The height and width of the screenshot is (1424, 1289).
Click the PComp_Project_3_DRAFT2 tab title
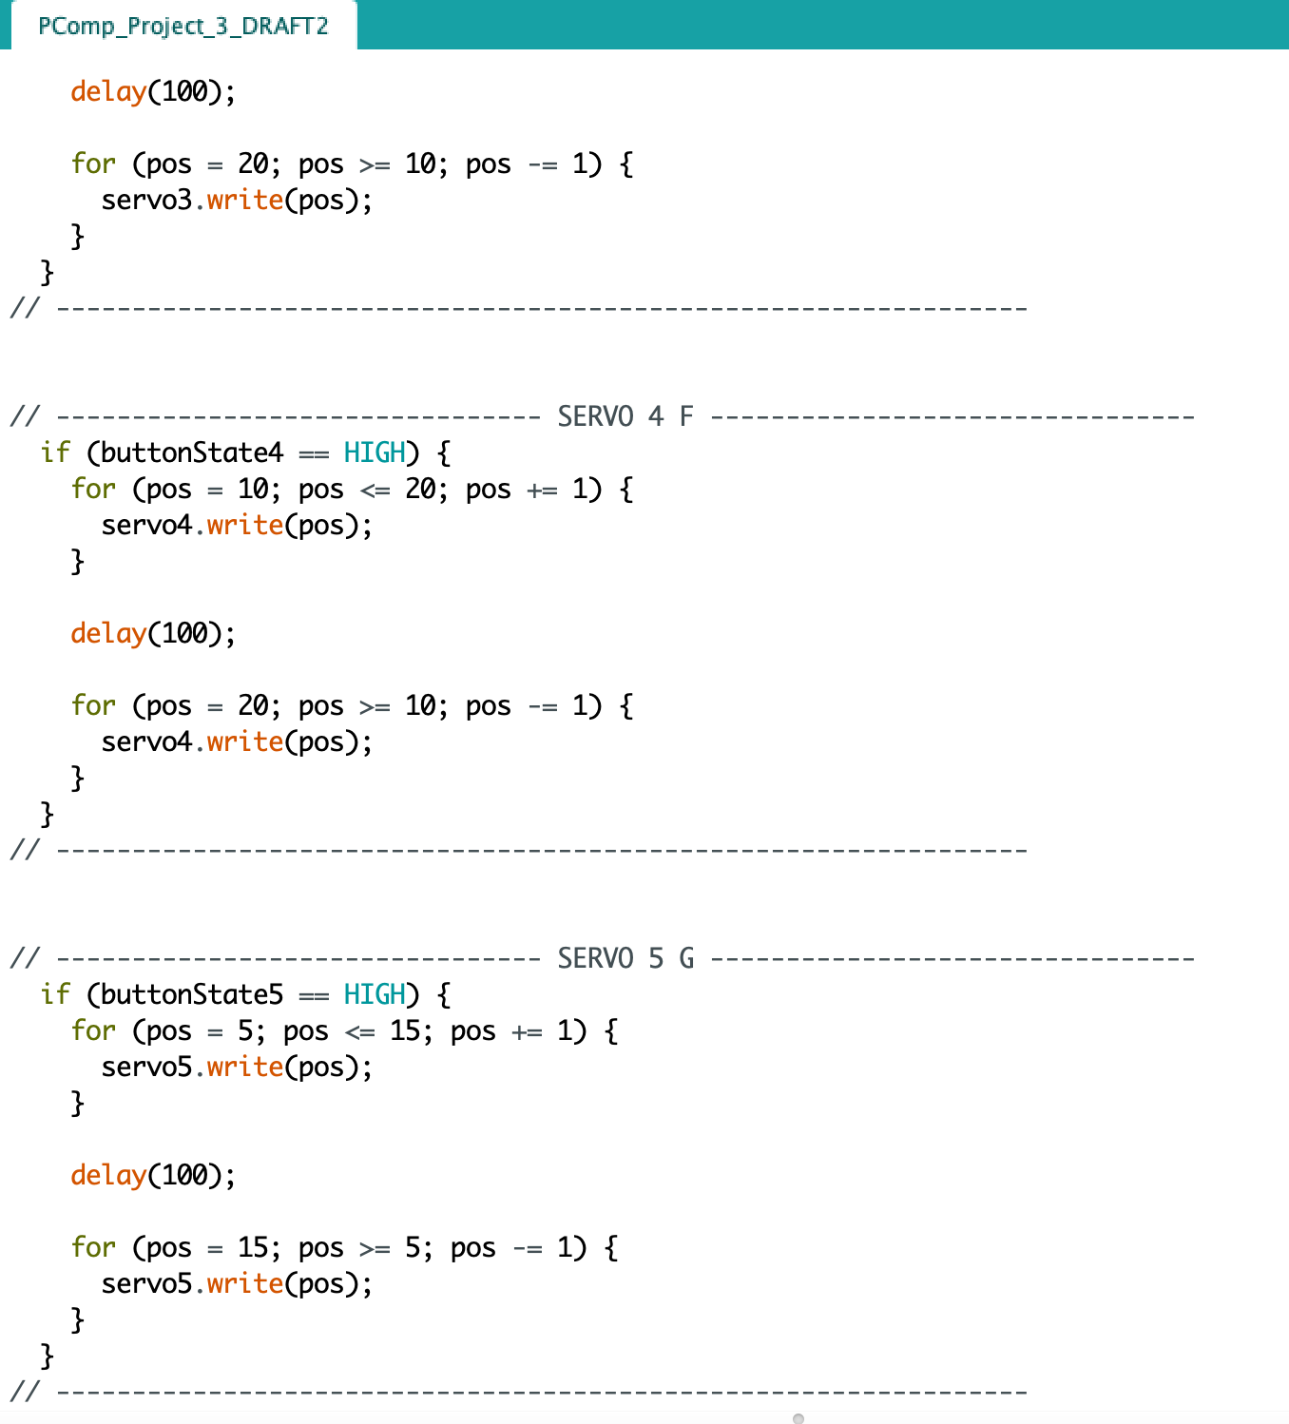coord(183,27)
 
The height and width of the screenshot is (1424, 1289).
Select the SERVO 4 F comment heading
coord(625,416)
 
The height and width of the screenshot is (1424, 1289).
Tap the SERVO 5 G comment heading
coord(625,958)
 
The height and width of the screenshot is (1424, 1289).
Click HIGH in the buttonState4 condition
coord(375,452)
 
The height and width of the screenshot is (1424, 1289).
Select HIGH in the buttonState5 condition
coord(375,994)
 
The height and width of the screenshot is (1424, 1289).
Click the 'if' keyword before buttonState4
coord(55,452)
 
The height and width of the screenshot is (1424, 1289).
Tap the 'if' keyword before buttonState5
coord(55,993)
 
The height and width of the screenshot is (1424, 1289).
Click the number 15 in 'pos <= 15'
coord(405,1030)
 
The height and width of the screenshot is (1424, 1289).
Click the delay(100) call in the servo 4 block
coord(153,633)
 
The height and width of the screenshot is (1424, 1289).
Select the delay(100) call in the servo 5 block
coord(153,1176)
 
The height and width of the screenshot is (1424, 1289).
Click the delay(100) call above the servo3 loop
coord(153,91)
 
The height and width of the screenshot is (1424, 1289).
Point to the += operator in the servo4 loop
coord(542,490)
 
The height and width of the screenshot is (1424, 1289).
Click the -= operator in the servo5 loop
coord(527,1248)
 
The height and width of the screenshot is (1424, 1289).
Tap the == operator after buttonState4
coord(313,453)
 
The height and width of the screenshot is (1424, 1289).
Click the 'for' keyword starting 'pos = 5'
coord(93,1030)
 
